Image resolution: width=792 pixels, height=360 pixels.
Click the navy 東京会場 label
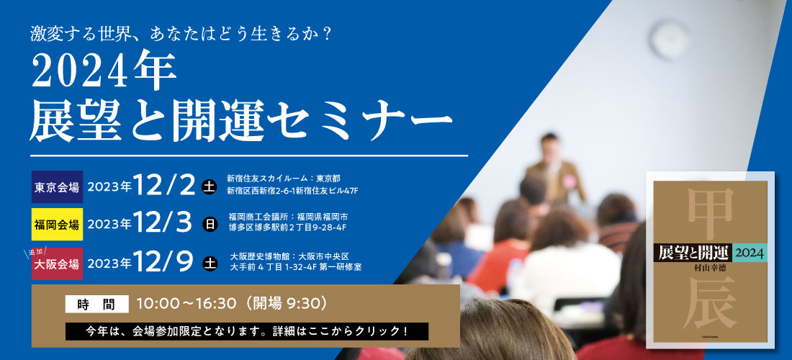point(57,186)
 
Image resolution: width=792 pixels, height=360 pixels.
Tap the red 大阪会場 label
point(57,264)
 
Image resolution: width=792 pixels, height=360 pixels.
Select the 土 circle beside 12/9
point(210,263)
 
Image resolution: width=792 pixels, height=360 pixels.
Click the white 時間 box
point(96,304)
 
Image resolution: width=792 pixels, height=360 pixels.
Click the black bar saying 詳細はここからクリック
point(246,331)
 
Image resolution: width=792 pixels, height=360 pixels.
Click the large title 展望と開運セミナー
point(240,123)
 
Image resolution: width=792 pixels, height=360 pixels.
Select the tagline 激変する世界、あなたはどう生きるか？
point(180,35)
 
